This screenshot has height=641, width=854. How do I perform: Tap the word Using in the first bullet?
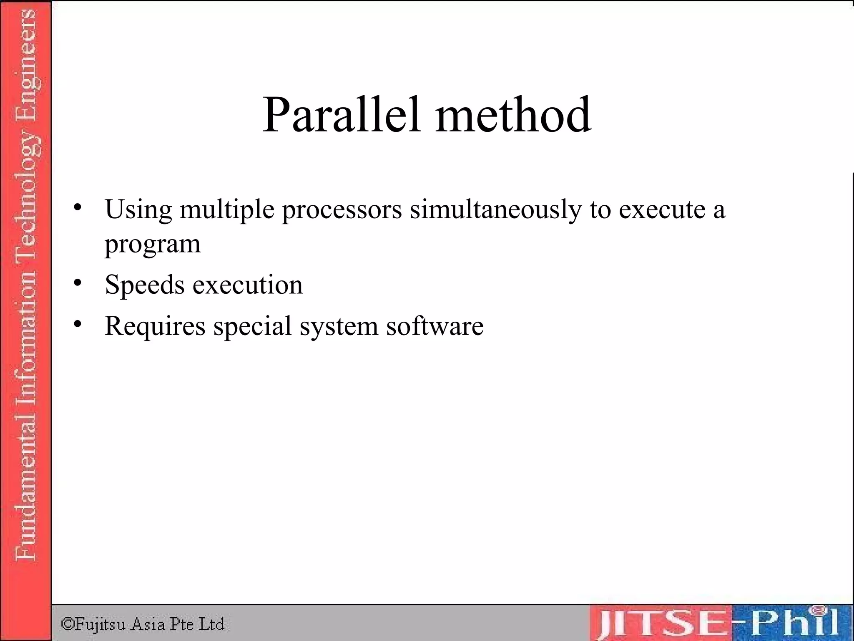pos(138,209)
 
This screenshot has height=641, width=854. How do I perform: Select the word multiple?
pos(227,209)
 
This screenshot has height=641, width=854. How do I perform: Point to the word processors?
pos(342,209)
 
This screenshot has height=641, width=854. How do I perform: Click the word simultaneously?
pos(495,209)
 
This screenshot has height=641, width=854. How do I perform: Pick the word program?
pos(152,244)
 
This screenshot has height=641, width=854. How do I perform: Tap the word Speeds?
pos(145,285)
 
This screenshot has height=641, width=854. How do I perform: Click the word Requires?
pos(155,326)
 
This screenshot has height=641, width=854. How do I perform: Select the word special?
pos(252,326)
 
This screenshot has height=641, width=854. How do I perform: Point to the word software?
pos(435,326)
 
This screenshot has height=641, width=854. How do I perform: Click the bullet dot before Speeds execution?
pos(77,283)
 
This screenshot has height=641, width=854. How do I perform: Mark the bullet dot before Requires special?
pos(77,324)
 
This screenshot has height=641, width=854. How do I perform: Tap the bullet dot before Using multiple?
pos(77,207)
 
